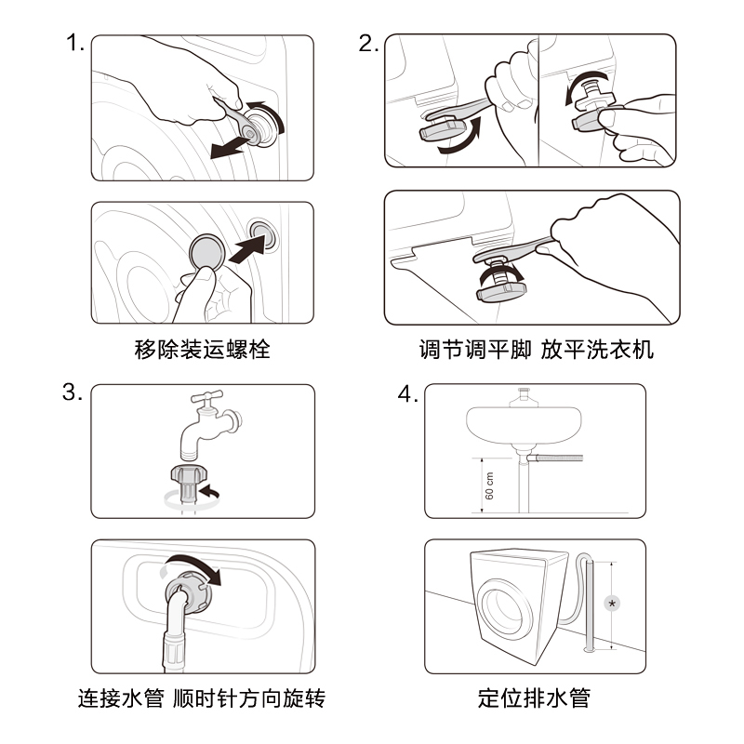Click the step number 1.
[x=74, y=43]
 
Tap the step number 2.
[x=367, y=43]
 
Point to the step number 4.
[x=406, y=394]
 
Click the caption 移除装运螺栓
[x=202, y=351]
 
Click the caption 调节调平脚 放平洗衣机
[x=536, y=351]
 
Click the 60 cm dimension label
[x=490, y=484]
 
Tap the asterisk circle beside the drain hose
[x=612, y=603]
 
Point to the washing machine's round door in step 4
[x=510, y=615]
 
